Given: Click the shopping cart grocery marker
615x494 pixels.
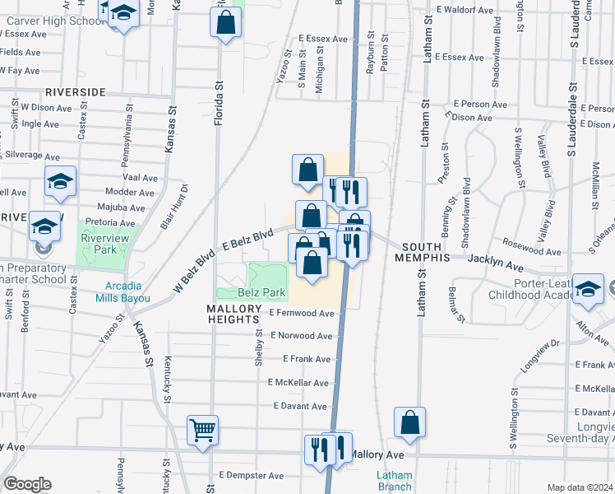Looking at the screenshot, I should pyautogui.click(x=202, y=429).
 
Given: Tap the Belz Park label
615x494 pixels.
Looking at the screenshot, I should pyautogui.click(x=261, y=292).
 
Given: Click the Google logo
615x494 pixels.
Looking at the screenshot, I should pyautogui.click(x=27, y=484).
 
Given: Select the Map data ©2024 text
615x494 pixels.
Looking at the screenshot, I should pyautogui.click(x=580, y=487).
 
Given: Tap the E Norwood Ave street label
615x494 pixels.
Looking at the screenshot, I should pyautogui.click(x=302, y=336).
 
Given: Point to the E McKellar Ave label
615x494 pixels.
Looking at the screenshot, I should pyautogui.click(x=298, y=383).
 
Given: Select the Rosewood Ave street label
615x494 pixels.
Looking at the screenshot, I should pyautogui.click(x=534, y=244).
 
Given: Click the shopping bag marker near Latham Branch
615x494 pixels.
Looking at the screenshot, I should pyautogui.click(x=409, y=422).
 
